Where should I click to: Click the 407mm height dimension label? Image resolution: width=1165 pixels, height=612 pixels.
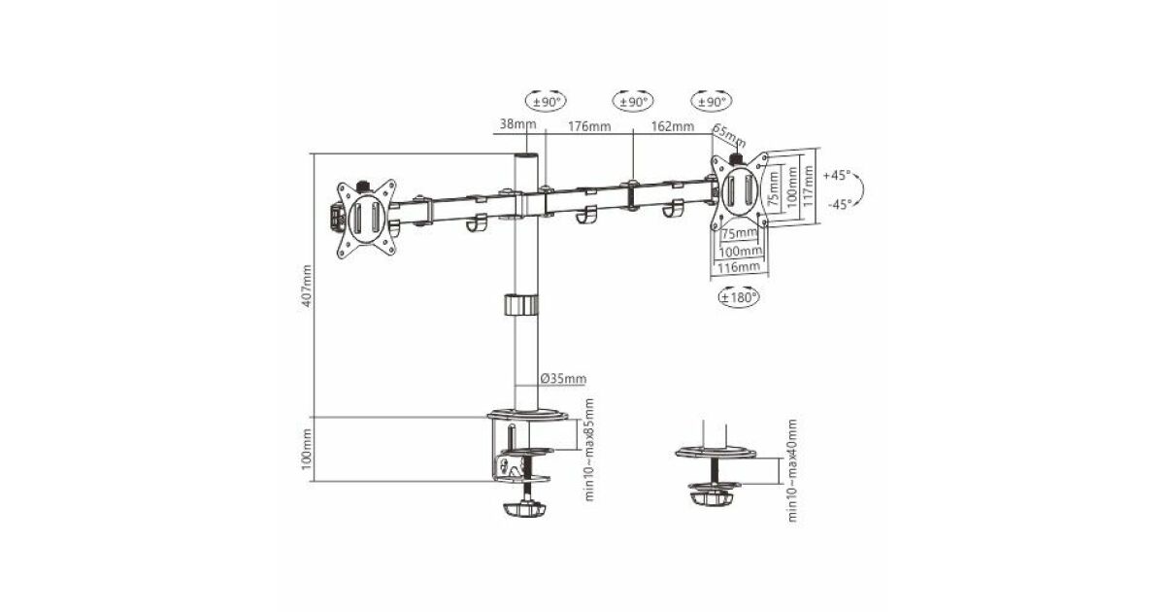[x=308, y=286]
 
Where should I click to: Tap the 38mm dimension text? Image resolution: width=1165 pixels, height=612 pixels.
[x=517, y=124]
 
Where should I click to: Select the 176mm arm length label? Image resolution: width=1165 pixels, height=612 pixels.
[x=588, y=126]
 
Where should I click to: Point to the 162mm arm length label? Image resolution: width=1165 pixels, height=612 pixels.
[x=673, y=126]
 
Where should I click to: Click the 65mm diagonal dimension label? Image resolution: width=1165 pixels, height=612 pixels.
[x=729, y=135]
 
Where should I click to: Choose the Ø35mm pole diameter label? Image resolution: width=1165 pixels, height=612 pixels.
[x=563, y=378]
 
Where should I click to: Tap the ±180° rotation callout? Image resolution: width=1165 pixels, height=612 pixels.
[x=739, y=297]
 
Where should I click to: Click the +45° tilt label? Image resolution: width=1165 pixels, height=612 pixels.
[x=837, y=176]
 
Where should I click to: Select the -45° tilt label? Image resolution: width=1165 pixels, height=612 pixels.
[x=840, y=205]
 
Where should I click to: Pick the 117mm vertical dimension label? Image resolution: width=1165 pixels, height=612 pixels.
[x=808, y=186]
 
